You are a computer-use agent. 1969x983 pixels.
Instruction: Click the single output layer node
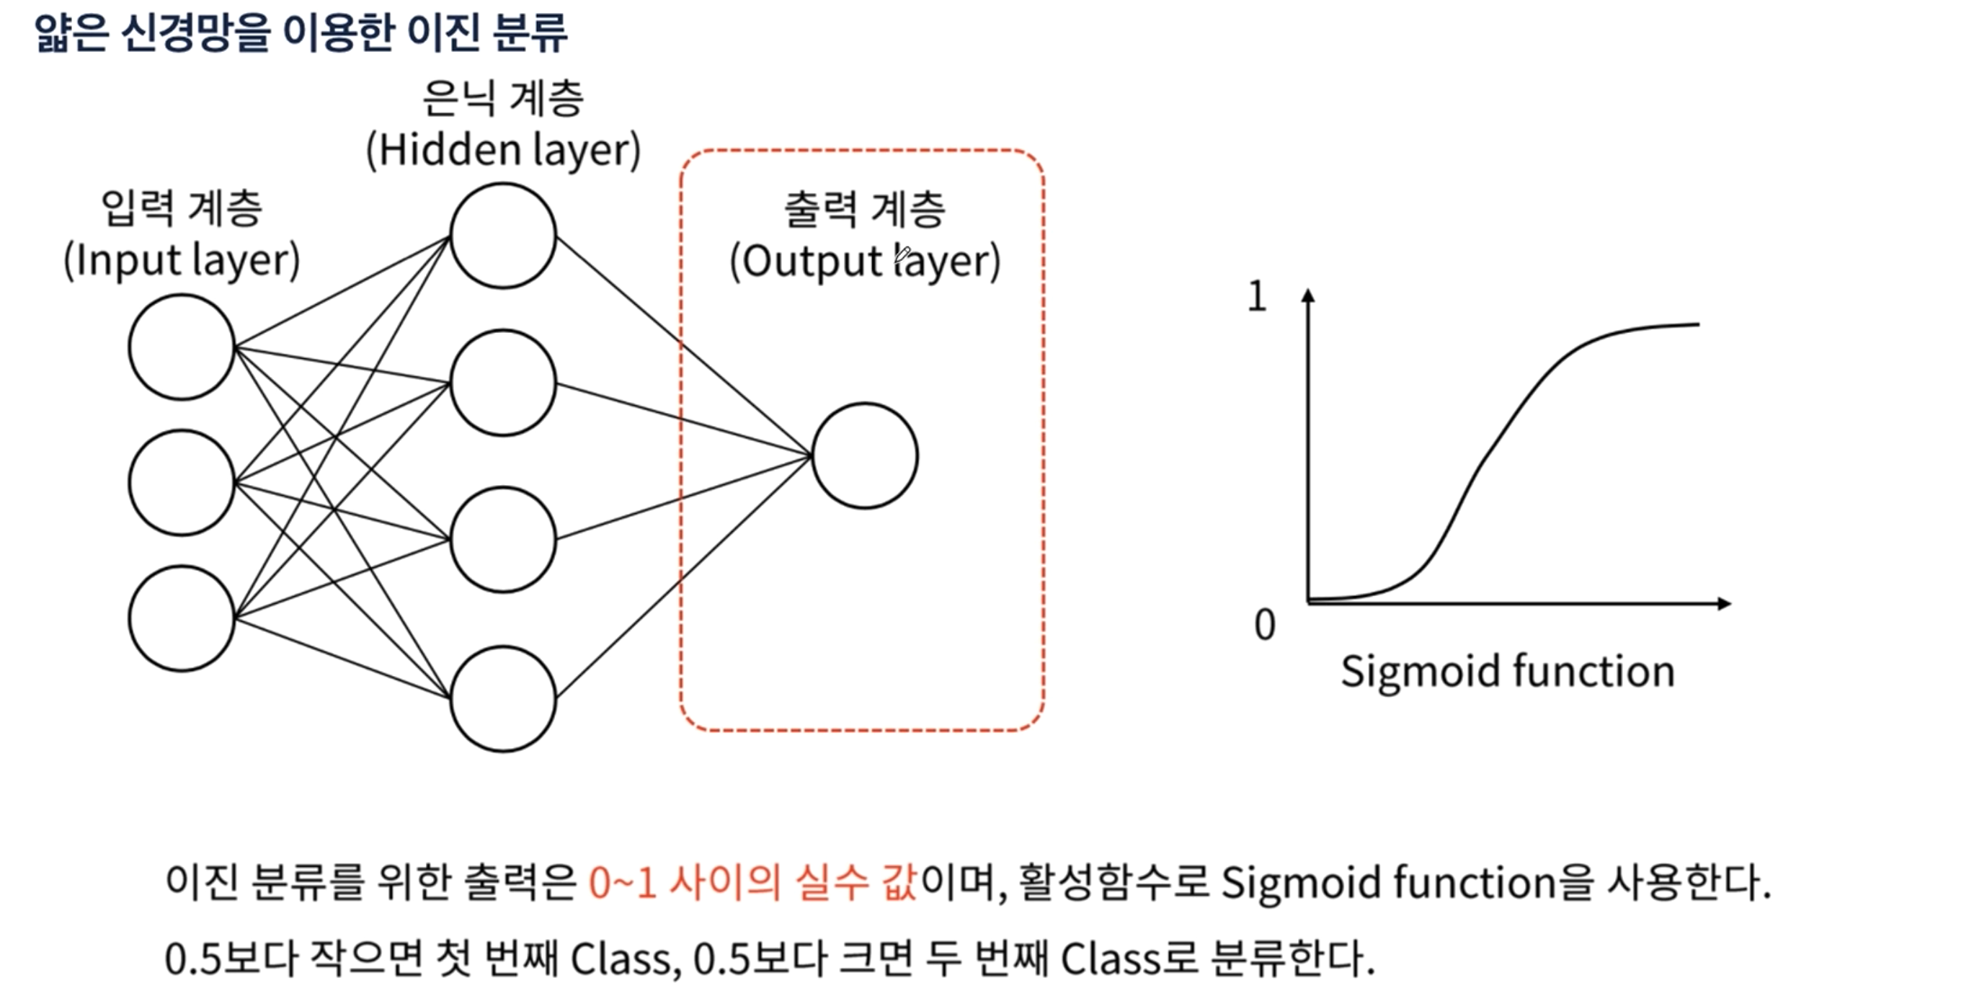tap(864, 455)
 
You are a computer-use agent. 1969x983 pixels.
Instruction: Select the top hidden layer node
tap(503, 236)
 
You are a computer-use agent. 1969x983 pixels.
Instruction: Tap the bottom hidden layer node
tap(503, 698)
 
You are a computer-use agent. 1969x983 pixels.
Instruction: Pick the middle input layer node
tap(181, 482)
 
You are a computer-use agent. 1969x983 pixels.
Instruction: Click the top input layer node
tap(181, 347)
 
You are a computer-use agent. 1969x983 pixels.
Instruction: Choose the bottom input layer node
tap(181, 618)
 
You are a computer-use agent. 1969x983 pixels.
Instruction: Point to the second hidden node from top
tap(503, 383)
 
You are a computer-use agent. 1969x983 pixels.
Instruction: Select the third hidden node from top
tap(503, 540)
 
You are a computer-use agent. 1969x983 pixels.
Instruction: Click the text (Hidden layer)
tap(503, 150)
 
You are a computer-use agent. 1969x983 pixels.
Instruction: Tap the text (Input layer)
tap(181, 261)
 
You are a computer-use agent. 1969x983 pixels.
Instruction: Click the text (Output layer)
tap(864, 262)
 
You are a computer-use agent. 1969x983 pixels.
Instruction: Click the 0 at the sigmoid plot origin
tap(1264, 625)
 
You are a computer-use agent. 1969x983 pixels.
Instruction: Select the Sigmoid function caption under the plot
tap(1507, 672)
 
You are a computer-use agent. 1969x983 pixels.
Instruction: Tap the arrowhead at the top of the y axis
tap(1309, 295)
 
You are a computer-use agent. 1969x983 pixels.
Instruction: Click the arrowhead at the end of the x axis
tap(1724, 604)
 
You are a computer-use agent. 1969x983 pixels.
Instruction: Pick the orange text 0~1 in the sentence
tap(622, 883)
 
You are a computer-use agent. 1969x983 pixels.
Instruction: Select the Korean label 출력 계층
tap(864, 210)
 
